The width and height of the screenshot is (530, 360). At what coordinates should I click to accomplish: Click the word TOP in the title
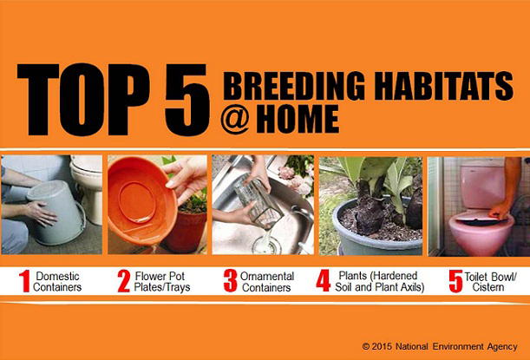point(83,100)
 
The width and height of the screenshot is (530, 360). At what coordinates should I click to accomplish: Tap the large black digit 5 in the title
point(187,100)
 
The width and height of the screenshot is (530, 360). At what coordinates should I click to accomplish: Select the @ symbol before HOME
point(235,119)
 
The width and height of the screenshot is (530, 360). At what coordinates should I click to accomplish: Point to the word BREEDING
point(294,86)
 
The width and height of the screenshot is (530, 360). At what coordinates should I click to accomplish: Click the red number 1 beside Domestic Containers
point(24,281)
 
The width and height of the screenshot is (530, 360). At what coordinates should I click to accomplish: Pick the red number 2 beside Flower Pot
point(124,281)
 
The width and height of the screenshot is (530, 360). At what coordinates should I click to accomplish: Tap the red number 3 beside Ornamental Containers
point(230,281)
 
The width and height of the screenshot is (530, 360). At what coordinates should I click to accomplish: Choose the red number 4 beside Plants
point(324,281)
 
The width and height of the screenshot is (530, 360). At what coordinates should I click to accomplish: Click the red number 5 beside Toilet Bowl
point(455,281)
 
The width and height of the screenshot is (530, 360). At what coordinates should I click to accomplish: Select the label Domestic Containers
point(57,282)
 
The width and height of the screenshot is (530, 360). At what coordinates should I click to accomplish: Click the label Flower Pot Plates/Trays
point(162,282)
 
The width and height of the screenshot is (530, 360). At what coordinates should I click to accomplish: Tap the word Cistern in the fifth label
point(488,287)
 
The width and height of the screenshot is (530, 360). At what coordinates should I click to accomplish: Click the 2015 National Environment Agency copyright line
point(440,346)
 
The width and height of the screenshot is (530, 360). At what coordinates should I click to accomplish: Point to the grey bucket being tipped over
point(56,212)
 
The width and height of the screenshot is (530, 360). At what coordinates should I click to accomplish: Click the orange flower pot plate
point(142,200)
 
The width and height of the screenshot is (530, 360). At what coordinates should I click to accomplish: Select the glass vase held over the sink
point(258,202)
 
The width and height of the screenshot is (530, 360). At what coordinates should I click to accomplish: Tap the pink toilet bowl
point(481,233)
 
